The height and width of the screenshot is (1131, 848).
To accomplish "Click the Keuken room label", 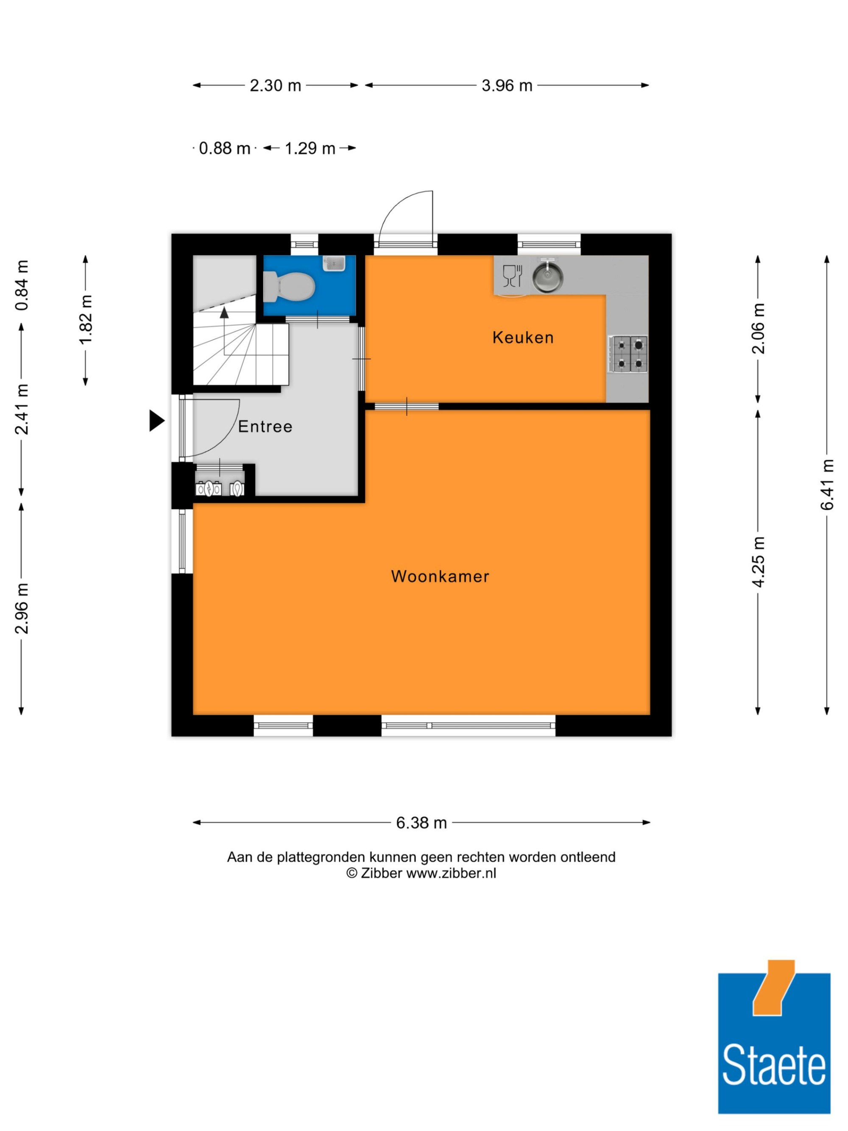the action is click(522, 338).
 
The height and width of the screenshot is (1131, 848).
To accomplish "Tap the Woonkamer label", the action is click(440, 576).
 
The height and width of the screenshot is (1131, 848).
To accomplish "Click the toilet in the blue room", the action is click(288, 286).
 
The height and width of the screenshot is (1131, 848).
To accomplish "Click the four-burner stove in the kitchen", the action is click(628, 354).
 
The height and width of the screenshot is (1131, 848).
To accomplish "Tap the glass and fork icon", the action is click(512, 276).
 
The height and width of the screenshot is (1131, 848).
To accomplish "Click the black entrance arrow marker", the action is click(157, 421).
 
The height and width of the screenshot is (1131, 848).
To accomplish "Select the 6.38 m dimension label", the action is click(421, 823).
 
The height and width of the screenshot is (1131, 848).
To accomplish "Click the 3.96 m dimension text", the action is click(507, 85).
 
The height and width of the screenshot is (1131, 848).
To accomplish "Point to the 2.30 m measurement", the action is click(275, 85).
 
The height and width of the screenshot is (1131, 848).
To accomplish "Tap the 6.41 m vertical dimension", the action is click(826, 484).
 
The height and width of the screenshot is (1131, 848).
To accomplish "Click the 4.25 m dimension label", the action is click(758, 561).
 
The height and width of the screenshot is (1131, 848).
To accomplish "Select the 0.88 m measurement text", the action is click(224, 148).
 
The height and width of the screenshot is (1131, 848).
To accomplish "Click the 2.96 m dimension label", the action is click(22, 609).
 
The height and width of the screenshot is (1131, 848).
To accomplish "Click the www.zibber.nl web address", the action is click(451, 873).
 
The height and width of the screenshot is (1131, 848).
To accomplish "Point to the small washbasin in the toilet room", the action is click(334, 263).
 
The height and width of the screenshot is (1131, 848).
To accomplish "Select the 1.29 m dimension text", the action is click(310, 148).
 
